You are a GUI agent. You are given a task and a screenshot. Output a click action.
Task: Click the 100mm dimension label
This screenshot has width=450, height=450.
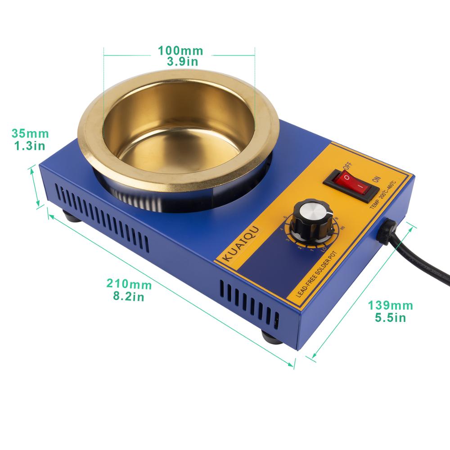tap(180, 50)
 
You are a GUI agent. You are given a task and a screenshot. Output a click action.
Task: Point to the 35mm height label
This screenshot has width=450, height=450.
tap(30, 134)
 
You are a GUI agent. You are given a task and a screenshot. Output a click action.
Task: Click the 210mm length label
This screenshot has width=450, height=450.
tap(129, 284)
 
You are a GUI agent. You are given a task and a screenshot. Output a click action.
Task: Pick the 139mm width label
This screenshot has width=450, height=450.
tap(390, 306)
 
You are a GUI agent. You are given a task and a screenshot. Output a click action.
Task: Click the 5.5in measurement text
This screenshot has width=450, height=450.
tap(390, 318)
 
